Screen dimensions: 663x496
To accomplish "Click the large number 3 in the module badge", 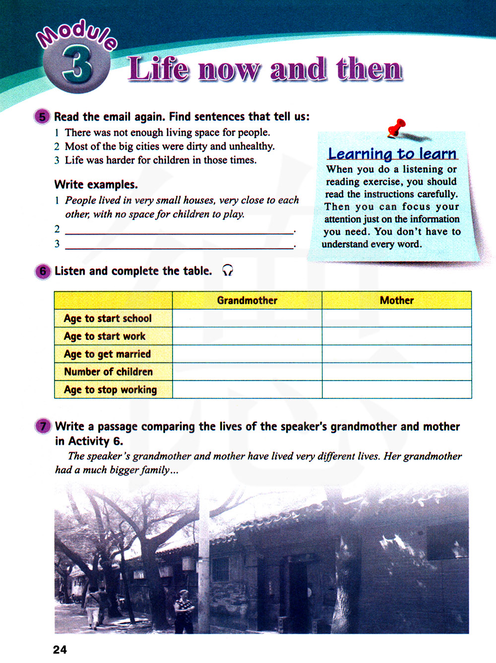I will click(77, 65).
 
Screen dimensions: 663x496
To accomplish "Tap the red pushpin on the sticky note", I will click(397, 128).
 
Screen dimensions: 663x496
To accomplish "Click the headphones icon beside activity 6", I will click(227, 270).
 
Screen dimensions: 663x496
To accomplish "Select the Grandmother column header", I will click(247, 300).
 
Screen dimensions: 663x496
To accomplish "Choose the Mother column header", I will click(396, 300).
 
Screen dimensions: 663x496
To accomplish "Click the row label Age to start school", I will click(108, 318).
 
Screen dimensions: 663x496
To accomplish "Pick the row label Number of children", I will click(108, 372).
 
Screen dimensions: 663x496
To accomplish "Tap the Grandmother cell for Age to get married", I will click(247, 354).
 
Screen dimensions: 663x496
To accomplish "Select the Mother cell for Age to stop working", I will click(396, 390).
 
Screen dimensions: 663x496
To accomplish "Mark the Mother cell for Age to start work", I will click(396, 336).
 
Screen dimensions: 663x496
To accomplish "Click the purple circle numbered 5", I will click(42, 117).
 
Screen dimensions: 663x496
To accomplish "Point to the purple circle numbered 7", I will click(43, 426).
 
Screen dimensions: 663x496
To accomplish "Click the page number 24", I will click(60, 650).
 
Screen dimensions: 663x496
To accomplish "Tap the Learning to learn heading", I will click(392, 154).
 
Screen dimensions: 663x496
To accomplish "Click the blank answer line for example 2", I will click(179, 230).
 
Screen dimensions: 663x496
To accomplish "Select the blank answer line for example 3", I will click(179, 245).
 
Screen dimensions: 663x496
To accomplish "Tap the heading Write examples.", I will click(96, 185).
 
